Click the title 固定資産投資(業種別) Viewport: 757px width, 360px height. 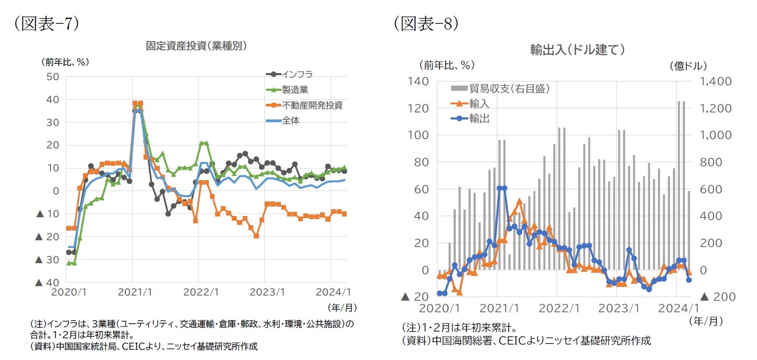click(196, 45)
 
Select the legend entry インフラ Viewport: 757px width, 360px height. click(297, 74)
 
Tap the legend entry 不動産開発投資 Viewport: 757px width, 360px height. click(312, 105)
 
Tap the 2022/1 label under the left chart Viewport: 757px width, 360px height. click(198, 294)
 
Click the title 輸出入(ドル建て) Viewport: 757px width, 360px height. click(577, 50)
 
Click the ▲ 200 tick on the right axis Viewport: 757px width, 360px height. click(718, 297)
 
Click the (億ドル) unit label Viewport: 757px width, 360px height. click(688, 66)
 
